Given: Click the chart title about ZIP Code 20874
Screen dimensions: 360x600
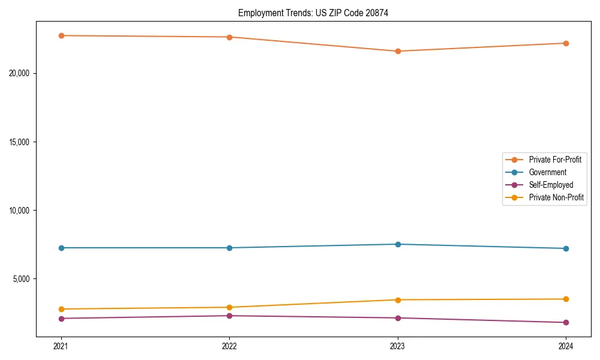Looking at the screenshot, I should (313, 13).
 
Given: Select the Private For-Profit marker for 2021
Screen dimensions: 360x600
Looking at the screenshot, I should (61, 35).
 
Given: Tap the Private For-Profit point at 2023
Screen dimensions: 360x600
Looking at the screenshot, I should (398, 51).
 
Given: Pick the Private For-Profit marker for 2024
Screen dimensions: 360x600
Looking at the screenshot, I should (566, 43).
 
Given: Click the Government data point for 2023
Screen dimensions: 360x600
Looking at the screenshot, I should (398, 244).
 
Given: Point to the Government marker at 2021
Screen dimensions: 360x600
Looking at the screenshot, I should (61, 248).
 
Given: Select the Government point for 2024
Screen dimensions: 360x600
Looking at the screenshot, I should (566, 248).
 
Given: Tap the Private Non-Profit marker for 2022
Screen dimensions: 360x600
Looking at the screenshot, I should (229, 307).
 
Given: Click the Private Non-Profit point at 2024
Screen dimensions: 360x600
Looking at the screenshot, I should (566, 299).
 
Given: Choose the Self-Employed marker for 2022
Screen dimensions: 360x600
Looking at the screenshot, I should (229, 316).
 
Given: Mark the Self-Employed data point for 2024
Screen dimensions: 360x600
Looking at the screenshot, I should (566, 322).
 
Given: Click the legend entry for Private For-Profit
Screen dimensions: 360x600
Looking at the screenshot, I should (555, 160).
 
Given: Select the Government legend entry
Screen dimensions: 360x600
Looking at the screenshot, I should (547, 172).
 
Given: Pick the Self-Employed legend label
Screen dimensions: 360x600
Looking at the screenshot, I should (551, 185).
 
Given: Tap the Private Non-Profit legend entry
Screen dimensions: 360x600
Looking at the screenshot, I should (556, 197).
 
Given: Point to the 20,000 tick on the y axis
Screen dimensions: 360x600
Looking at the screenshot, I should (21, 73).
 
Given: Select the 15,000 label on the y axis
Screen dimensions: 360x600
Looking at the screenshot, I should (21, 142).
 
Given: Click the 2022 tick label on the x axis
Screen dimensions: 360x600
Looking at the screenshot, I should (229, 346).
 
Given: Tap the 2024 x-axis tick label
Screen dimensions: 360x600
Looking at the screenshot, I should (566, 346).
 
